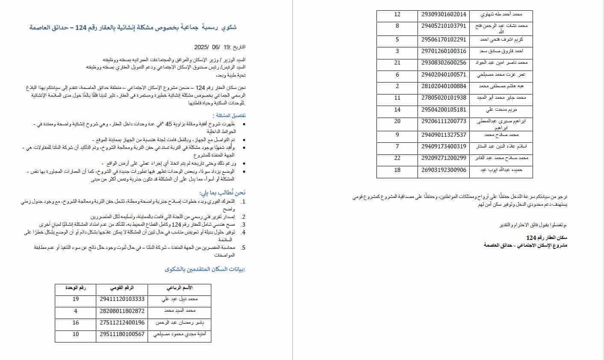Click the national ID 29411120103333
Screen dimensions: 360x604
point(122,299)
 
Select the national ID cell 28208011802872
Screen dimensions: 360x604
point(122,311)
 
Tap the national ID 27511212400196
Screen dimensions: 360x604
point(122,322)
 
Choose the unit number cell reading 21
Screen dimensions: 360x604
point(397,62)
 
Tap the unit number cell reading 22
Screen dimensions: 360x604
point(397,158)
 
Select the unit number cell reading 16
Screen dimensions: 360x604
point(76,322)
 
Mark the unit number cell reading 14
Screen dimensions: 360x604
point(397,110)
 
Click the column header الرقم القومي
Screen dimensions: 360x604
point(122,288)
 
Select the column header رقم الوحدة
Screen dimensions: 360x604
point(76,288)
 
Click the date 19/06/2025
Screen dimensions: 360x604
point(211,47)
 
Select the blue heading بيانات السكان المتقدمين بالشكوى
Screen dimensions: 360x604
point(205,269)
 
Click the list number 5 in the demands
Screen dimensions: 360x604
point(243,248)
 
